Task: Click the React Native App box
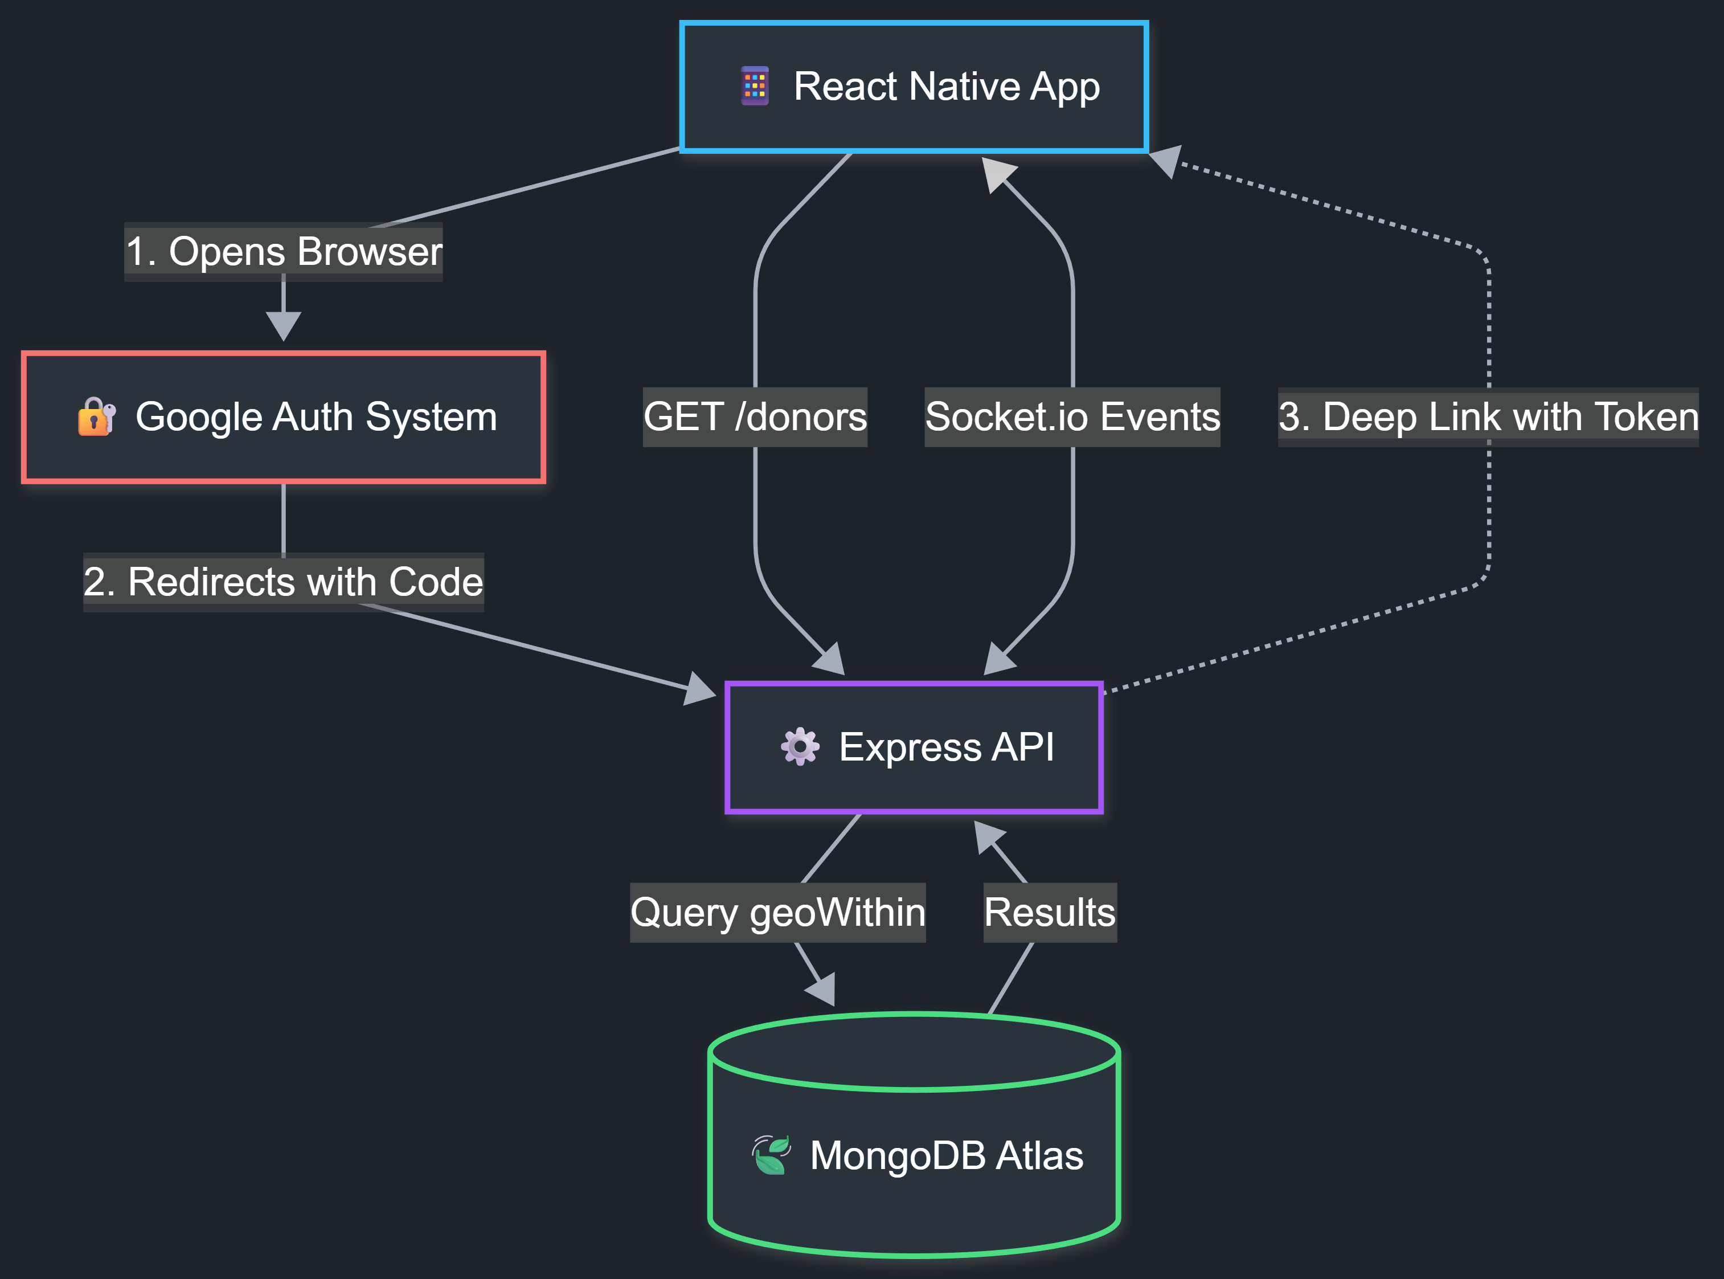point(913,87)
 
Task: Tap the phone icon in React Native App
point(755,86)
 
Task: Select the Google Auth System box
point(283,417)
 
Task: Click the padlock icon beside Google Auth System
point(96,417)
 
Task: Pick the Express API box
point(913,747)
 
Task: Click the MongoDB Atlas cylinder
point(913,1146)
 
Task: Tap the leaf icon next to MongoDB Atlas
point(771,1155)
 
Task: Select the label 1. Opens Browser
point(283,252)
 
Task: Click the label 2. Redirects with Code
point(283,582)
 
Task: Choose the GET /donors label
point(755,417)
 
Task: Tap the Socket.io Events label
point(1072,417)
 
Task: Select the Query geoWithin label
point(777,912)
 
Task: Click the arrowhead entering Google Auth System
point(283,325)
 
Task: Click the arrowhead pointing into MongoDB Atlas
point(822,991)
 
